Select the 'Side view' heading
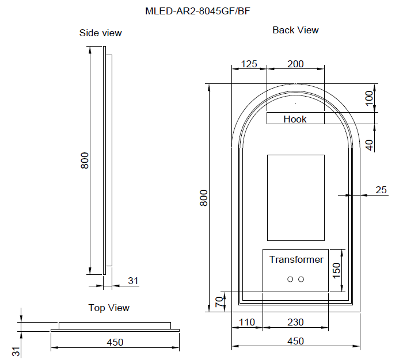[x=100, y=33]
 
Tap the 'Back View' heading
[x=295, y=30]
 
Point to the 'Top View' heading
[x=109, y=308]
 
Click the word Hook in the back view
[x=295, y=119]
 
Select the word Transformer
[x=296, y=259]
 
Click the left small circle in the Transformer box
[x=290, y=279]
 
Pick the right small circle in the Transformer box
[x=301, y=279]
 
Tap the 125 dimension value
[x=249, y=64]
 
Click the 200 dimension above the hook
[x=295, y=64]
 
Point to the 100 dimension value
[x=370, y=97]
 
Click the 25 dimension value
[x=381, y=190]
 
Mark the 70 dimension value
[x=219, y=302]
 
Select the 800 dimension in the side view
[x=84, y=160]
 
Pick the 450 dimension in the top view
[x=115, y=342]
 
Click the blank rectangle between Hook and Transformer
[x=295, y=197]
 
